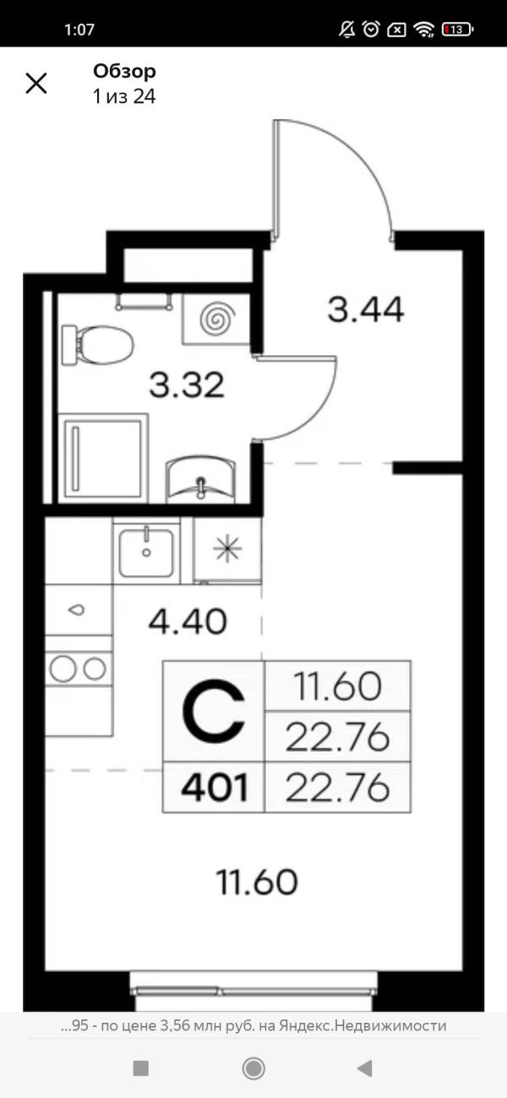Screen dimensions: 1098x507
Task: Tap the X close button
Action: (x=36, y=83)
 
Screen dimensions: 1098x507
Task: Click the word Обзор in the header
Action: (x=124, y=72)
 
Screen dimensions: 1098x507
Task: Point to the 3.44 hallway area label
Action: (x=365, y=311)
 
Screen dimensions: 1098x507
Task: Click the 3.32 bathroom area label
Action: (x=187, y=385)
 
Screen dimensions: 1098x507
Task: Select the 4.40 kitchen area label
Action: (x=187, y=622)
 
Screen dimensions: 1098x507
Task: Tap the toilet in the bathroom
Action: (x=98, y=344)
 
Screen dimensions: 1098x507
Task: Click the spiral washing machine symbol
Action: (x=215, y=319)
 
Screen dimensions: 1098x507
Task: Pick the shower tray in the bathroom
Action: (x=102, y=456)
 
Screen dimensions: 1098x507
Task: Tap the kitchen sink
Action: (x=147, y=550)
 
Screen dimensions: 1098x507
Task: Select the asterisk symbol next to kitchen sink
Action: (x=226, y=549)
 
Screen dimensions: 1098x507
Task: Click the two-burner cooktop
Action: (x=78, y=669)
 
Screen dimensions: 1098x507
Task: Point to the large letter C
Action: (x=214, y=711)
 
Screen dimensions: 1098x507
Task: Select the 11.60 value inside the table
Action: (x=337, y=686)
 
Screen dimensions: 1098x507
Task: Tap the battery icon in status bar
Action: (x=456, y=30)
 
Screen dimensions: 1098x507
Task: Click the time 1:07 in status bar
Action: (x=79, y=30)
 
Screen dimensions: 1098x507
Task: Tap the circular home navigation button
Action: (x=253, y=1068)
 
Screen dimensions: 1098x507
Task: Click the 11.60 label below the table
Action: (x=258, y=883)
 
